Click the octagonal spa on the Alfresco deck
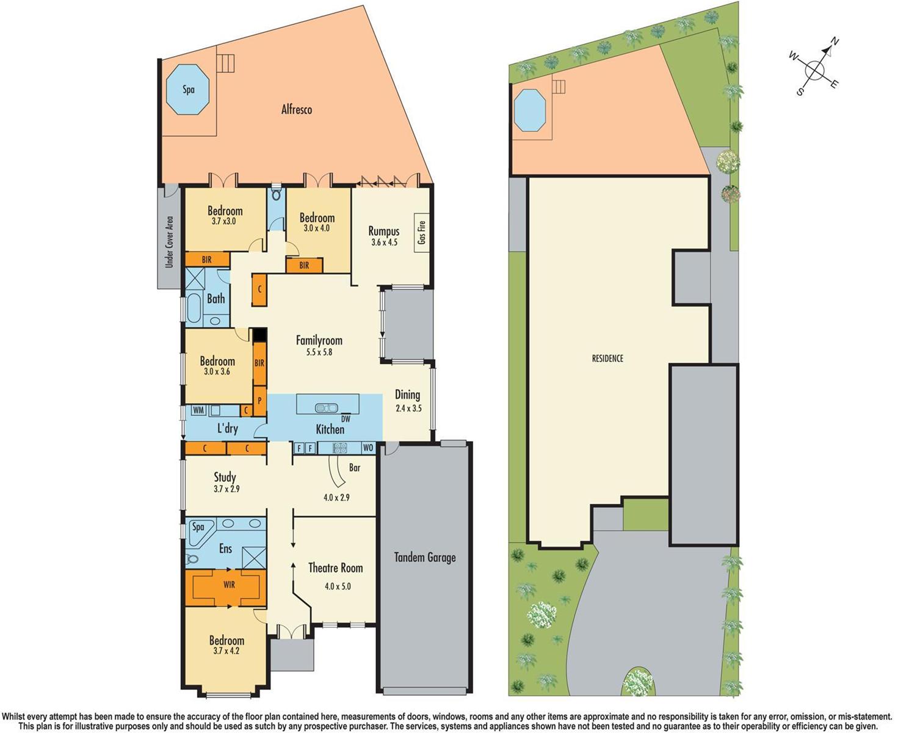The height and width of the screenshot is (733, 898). [188, 90]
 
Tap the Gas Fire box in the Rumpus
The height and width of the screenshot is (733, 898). [421, 233]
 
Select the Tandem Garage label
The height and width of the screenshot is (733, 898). [425, 557]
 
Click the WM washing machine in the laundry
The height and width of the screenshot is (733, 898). [198, 410]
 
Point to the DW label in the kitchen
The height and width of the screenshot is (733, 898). [346, 419]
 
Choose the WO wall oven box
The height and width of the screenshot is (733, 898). [368, 448]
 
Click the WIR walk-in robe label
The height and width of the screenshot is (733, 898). [229, 585]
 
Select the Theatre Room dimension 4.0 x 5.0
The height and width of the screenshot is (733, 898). [338, 586]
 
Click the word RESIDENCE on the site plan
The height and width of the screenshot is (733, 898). [607, 359]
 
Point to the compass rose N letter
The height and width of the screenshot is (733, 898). [835, 42]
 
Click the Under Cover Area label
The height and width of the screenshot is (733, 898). [169, 242]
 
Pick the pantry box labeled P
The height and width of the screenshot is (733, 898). [259, 401]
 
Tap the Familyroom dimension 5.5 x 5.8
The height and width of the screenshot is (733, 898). [319, 352]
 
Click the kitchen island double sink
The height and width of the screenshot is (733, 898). [327, 407]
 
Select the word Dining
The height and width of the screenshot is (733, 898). [407, 395]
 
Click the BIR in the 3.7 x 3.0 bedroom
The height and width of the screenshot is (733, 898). [207, 260]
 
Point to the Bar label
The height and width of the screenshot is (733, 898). [355, 467]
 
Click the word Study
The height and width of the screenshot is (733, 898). [225, 477]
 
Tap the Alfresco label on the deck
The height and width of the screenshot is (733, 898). [297, 110]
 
